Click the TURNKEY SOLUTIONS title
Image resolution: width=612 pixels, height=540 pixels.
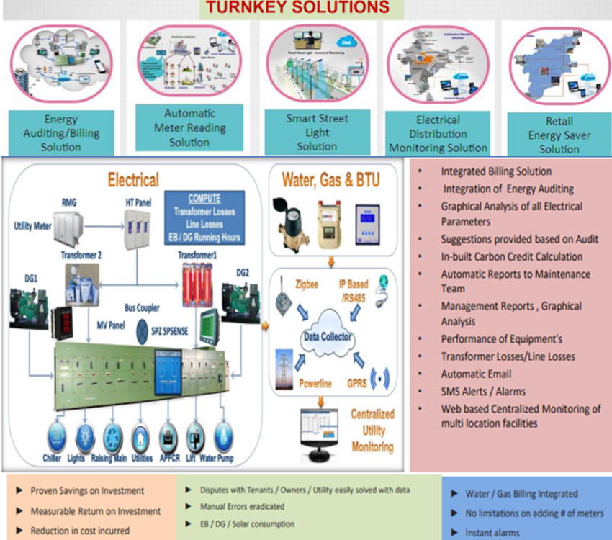click(297, 8)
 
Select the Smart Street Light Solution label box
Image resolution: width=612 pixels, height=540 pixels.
click(318, 132)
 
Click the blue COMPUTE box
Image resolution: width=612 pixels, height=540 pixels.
click(204, 217)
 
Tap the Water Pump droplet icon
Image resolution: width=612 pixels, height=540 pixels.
click(225, 437)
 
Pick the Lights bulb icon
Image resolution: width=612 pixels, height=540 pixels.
click(85, 437)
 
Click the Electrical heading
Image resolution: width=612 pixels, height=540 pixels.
click(133, 179)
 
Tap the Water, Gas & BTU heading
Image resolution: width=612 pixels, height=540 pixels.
click(330, 178)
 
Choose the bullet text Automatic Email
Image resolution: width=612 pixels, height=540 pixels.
click(476, 374)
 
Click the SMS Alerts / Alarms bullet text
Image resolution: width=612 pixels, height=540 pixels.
click(483, 391)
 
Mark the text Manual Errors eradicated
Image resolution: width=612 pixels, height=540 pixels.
click(242, 507)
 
